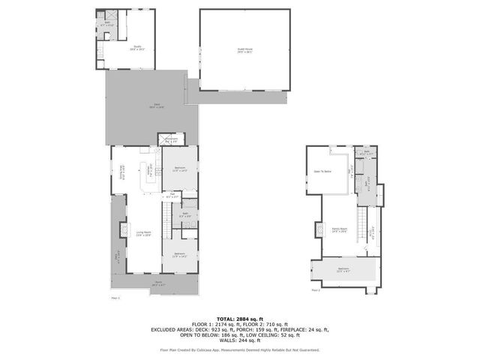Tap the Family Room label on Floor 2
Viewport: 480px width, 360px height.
tap(338, 229)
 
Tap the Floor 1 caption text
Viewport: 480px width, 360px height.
tap(115, 298)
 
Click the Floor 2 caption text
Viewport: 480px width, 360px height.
tap(315, 289)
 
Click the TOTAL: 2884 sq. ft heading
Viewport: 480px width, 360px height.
tap(240, 318)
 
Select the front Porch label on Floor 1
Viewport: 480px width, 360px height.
tap(158, 284)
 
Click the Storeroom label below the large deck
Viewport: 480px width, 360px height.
tap(171, 139)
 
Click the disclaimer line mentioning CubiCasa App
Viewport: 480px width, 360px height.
tap(240, 349)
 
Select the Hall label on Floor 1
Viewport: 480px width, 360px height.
tap(172, 195)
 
